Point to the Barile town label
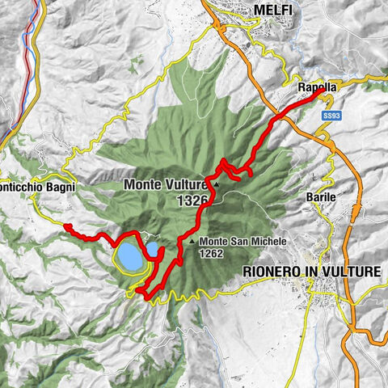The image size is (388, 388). coord(321,196)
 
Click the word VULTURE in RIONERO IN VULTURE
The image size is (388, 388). coord(352,272)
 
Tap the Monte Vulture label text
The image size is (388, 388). coord(165,185)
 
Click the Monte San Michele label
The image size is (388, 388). coord(234,241)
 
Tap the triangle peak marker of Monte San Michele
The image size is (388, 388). coord(191,242)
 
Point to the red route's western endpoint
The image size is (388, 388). coord(68,226)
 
